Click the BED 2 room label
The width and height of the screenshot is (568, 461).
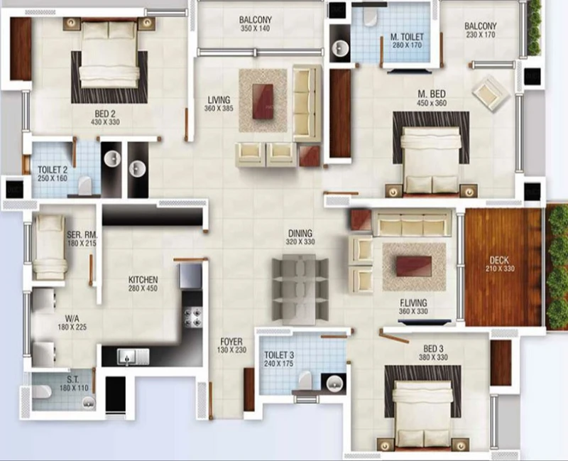(105, 114)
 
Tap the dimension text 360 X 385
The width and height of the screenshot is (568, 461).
(219, 109)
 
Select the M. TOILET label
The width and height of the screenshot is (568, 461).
(407, 37)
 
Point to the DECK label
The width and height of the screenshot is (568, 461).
(499, 260)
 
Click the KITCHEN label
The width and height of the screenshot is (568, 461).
(143, 280)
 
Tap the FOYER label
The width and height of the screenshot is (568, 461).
(231, 342)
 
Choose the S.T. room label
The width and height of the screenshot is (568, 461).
(73, 380)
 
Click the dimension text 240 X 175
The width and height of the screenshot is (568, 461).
(278, 364)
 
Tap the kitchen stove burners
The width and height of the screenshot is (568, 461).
(192, 317)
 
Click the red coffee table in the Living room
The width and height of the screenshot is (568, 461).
(263, 101)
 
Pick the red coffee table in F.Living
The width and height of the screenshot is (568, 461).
(414, 266)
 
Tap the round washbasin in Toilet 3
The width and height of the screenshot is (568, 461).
(334, 383)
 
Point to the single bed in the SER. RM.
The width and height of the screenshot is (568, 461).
(49, 246)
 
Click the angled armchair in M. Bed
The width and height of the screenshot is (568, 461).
(491, 94)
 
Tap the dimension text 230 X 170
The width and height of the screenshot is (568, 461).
(481, 35)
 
